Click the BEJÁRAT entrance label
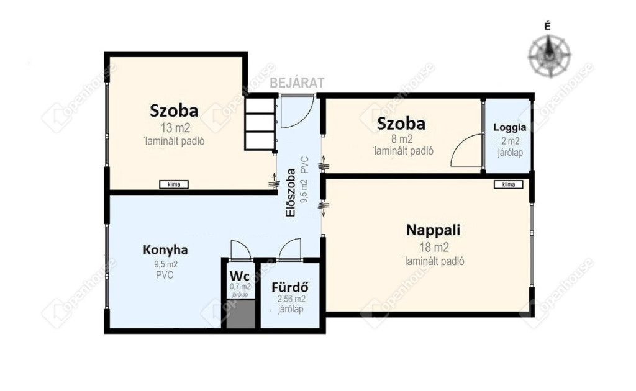point(297,83)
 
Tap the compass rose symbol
point(549,56)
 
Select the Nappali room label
point(433,230)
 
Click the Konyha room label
point(165,249)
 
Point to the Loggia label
point(510,127)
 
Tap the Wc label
point(239,276)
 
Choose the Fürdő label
point(289,287)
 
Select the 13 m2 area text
point(175,128)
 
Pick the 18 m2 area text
point(434,247)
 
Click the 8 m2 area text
point(402,139)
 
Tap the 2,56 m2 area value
point(291,299)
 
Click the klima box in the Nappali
point(508,184)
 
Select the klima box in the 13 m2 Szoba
point(174,184)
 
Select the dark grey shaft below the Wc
point(240,314)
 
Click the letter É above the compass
point(548,27)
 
